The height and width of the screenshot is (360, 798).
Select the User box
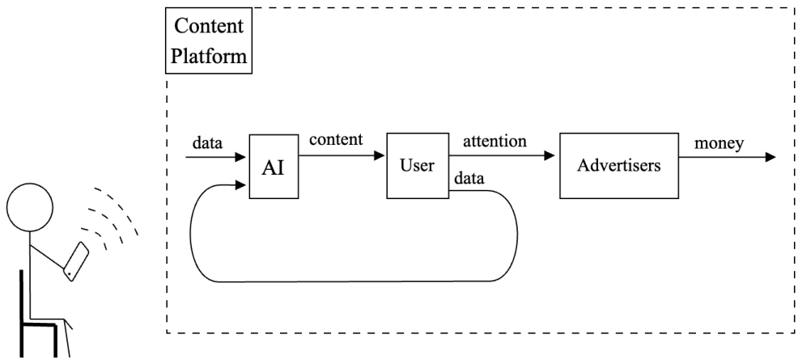point(417,166)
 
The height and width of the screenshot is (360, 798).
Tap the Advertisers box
point(618,166)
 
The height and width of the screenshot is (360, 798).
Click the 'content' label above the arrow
point(336,139)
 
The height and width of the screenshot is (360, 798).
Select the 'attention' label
point(495,140)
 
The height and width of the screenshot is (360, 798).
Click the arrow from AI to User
point(340,156)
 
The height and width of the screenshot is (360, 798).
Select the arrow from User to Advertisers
point(502,156)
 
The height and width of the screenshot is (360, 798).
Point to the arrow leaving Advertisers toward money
point(725,156)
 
